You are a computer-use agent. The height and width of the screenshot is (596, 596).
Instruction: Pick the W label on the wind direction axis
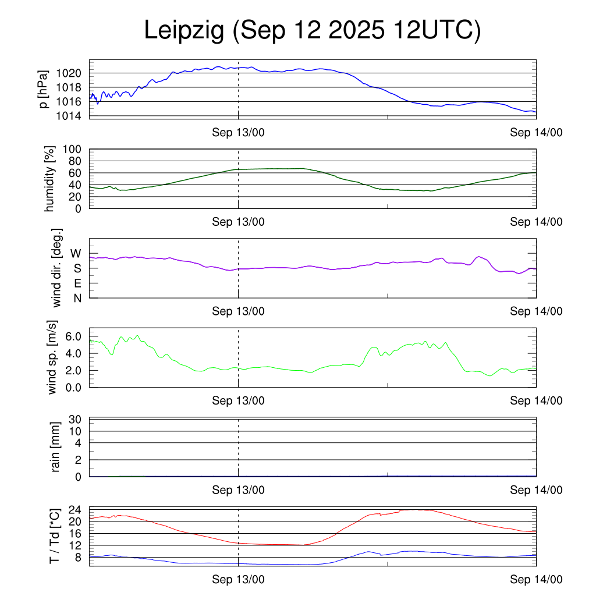76,254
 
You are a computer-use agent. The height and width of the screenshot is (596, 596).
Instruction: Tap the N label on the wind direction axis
77,298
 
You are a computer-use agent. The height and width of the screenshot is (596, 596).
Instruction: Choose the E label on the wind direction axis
77,283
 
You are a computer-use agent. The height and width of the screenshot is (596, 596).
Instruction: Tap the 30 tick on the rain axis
76,419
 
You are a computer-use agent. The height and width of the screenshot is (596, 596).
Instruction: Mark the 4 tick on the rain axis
79,443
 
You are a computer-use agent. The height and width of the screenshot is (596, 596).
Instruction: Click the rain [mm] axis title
56,446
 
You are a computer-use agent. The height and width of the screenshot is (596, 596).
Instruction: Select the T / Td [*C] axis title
54,535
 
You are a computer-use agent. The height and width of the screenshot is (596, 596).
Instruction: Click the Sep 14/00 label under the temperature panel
536,580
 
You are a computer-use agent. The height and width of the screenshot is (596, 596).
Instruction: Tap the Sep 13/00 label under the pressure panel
238,133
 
